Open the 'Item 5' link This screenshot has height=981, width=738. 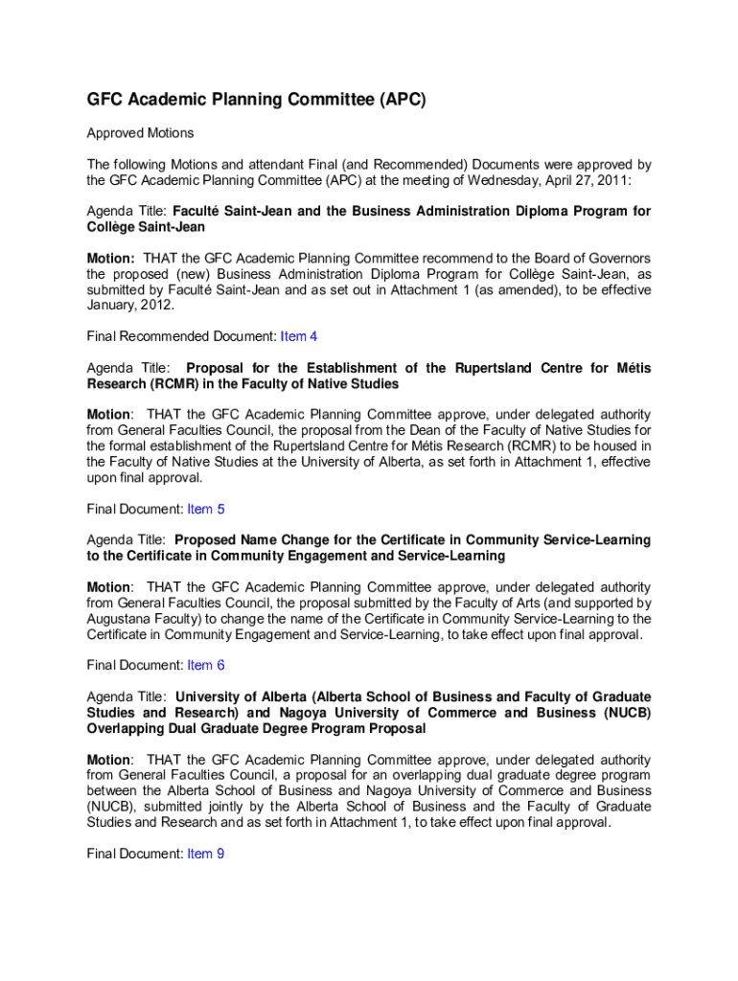pos(206,509)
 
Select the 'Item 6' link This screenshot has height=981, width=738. pos(206,665)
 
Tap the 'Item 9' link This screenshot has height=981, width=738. pos(206,854)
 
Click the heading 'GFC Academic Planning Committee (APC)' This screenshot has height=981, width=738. pos(256,99)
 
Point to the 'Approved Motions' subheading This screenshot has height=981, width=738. pos(140,133)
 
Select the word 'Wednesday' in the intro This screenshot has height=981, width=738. pos(504,179)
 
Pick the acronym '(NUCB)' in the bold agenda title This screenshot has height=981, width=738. pos(626,713)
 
